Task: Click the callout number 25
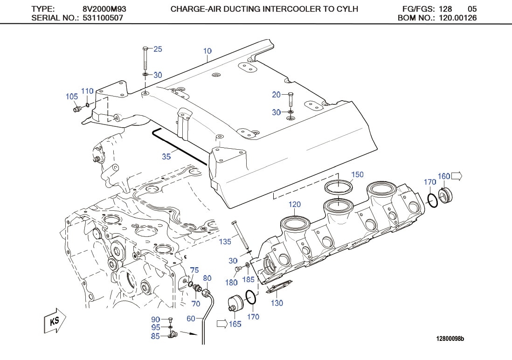click(x=158, y=49)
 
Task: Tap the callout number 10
click(x=208, y=50)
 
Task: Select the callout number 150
click(x=357, y=174)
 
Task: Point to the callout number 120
click(x=295, y=204)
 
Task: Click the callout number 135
click(x=225, y=242)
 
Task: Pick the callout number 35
click(x=166, y=157)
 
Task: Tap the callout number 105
click(x=71, y=97)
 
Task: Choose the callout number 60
click(x=191, y=318)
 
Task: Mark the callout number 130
click(x=277, y=303)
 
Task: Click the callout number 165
click(x=235, y=324)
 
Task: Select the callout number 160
click(x=444, y=176)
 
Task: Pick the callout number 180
click(x=232, y=282)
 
